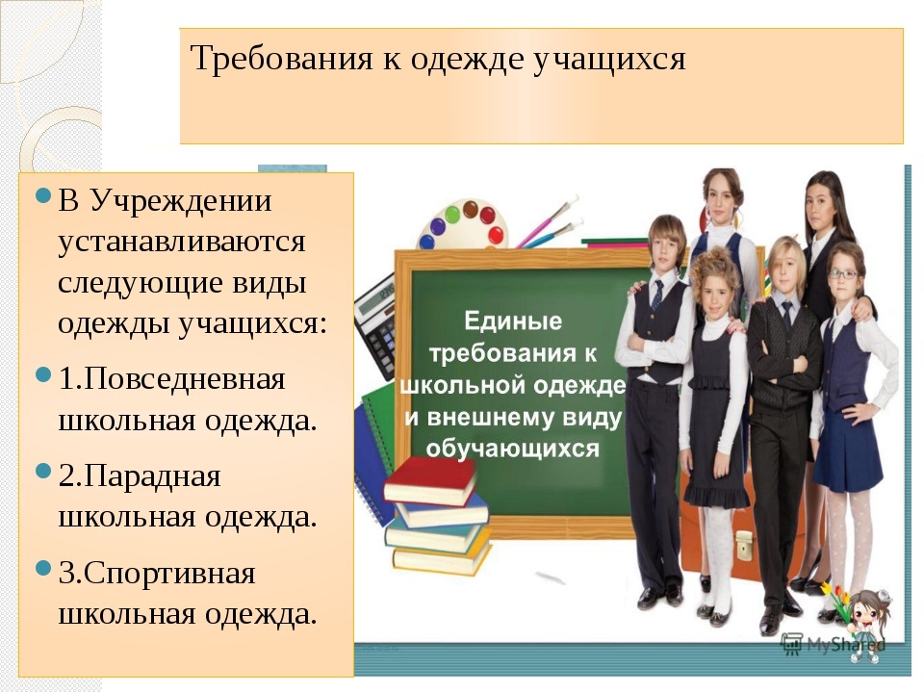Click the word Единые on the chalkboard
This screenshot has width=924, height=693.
[x=513, y=321]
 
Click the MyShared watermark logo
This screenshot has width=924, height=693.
[x=829, y=644]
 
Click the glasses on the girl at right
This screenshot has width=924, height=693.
[x=842, y=274]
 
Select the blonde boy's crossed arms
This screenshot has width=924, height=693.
[x=782, y=357]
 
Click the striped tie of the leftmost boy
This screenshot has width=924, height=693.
[x=656, y=295]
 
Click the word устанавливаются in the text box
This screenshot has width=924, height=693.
[x=182, y=241]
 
